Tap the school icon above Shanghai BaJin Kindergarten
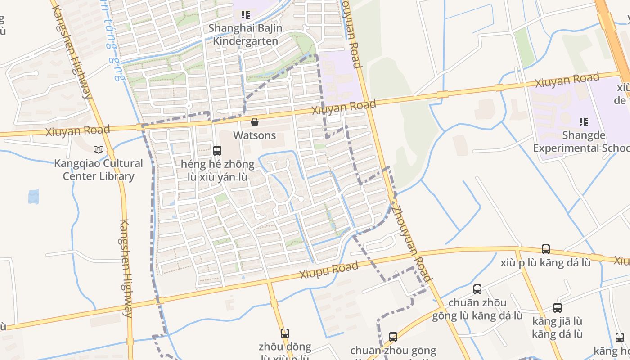coord(245,15)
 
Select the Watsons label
coord(255,135)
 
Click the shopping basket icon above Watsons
coord(255,122)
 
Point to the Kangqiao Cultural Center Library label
coord(99,170)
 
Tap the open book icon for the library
coord(98,149)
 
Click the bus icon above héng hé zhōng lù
coord(217,150)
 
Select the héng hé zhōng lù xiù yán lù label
coord(217,171)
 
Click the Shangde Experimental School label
coord(580,142)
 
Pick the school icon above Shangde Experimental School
coord(584,121)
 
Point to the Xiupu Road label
coord(329,270)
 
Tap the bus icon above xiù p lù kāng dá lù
coord(546,249)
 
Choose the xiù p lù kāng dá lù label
coord(545,263)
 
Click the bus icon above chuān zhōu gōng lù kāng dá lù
coord(477,289)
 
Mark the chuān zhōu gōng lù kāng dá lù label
coord(477,309)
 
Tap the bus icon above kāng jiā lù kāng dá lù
coord(558,308)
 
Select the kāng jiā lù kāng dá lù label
coord(557,328)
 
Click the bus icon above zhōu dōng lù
coord(285,333)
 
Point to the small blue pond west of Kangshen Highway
coord(34,197)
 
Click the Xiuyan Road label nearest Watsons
coord(344,108)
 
